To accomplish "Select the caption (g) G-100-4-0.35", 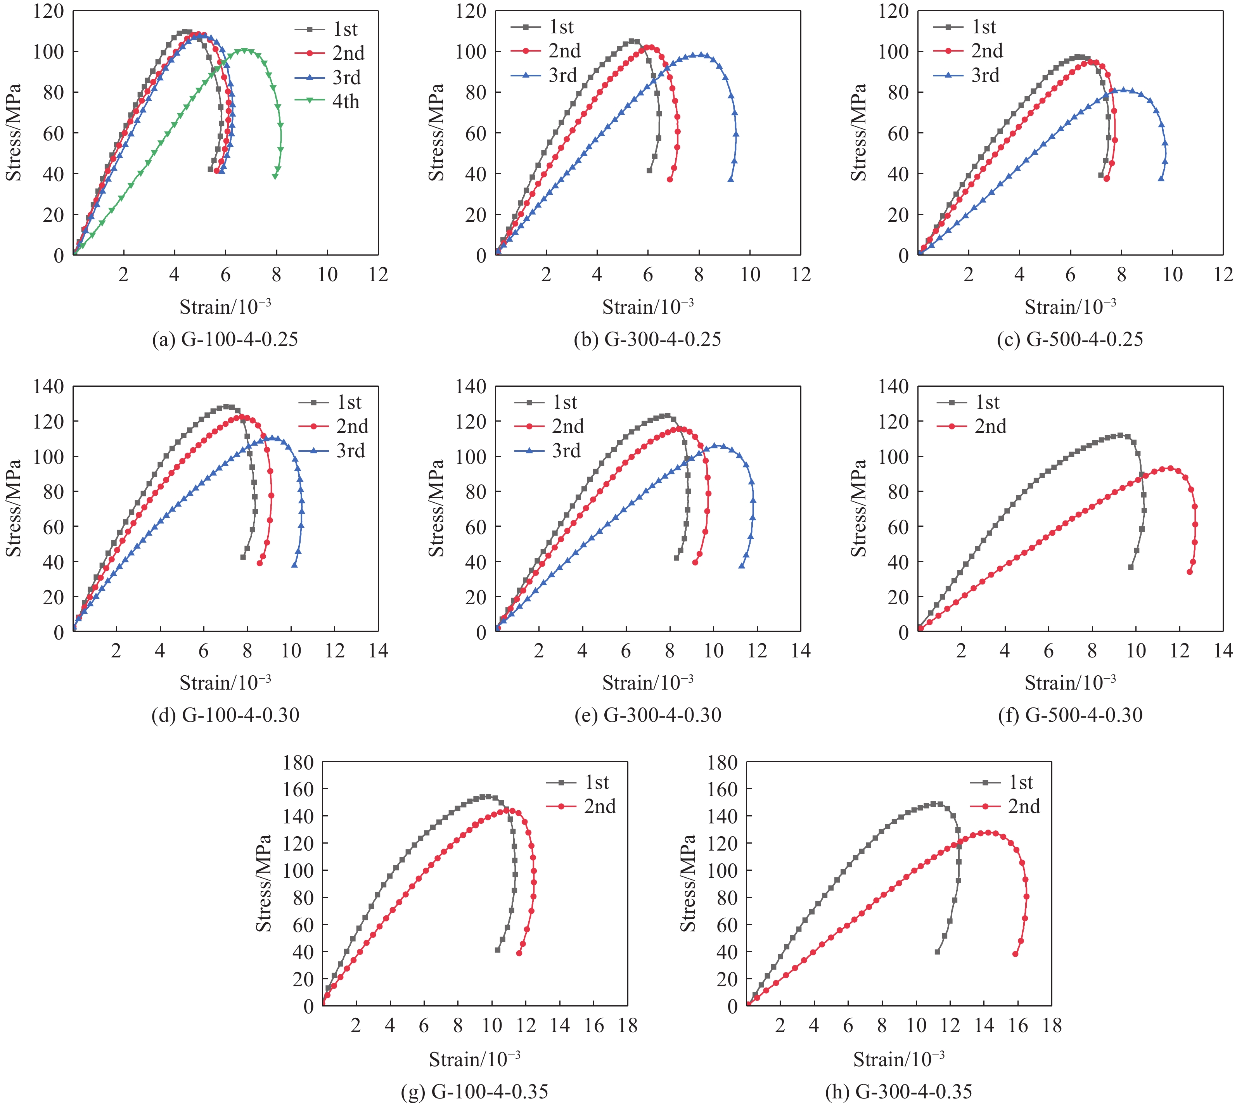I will [474, 1091].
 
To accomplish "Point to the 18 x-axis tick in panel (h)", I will [1052, 1026].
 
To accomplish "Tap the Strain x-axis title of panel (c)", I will [1070, 307].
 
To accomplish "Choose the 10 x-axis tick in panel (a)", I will [327, 275].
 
